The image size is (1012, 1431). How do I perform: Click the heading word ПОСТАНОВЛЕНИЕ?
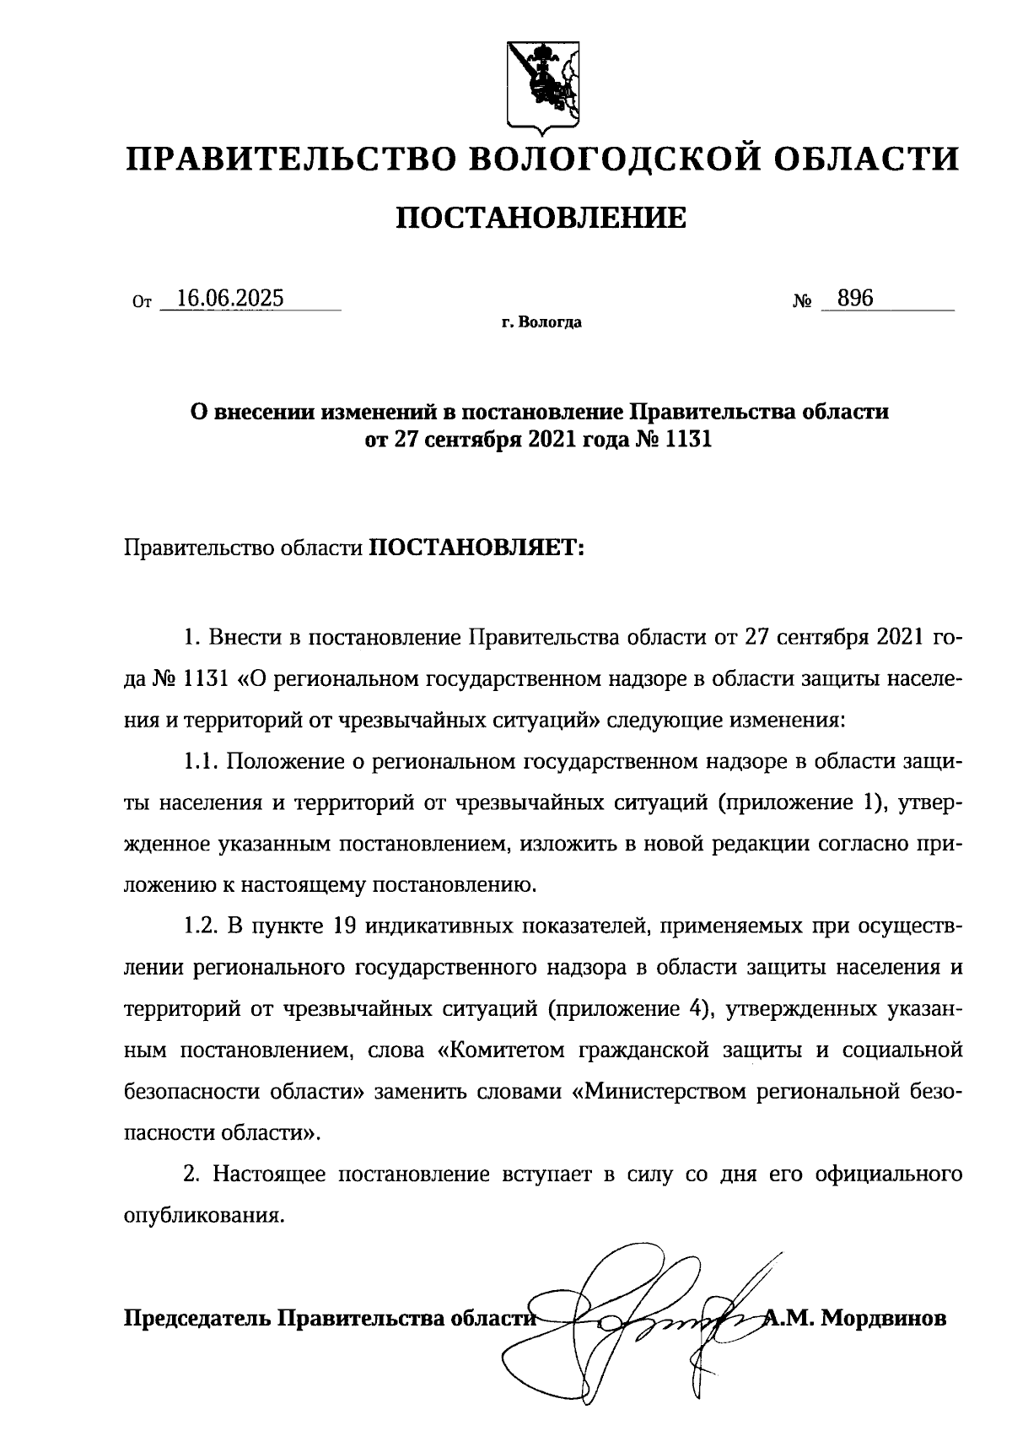coord(541,219)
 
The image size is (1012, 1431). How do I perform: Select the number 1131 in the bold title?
coord(688,440)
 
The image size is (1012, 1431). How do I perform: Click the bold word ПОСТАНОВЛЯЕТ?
coord(477,548)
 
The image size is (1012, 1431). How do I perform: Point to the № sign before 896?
coord(803,300)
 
